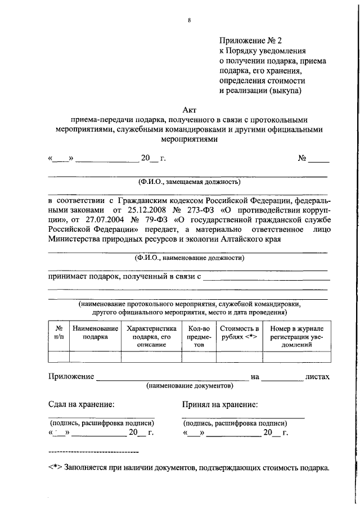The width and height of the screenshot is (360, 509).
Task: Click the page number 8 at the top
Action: [x=190, y=21]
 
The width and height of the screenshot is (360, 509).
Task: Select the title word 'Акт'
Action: [x=190, y=109]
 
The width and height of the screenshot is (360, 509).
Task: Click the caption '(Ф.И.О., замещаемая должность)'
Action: [x=189, y=182]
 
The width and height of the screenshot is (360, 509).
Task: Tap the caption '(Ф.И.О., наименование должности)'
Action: [x=189, y=258]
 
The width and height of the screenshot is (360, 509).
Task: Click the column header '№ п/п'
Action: [x=58, y=332]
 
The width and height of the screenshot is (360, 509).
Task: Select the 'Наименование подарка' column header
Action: [x=95, y=332]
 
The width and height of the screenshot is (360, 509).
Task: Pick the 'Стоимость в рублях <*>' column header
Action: [x=239, y=332]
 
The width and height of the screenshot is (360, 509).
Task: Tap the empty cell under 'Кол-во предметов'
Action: [x=199, y=356]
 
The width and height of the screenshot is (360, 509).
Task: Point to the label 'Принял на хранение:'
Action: [x=220, y=404]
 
